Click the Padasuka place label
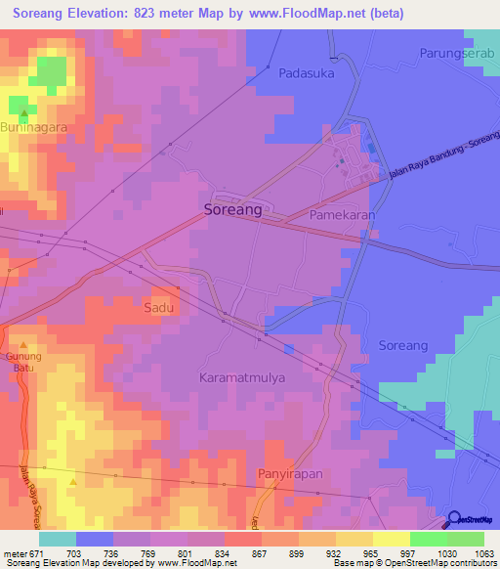(x=307, y=72)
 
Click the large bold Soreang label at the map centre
(x=232, y=209)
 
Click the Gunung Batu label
(x=24, y=362)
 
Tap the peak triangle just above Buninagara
(x=24, y=113)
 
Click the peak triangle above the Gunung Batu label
(x=24, y=345)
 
